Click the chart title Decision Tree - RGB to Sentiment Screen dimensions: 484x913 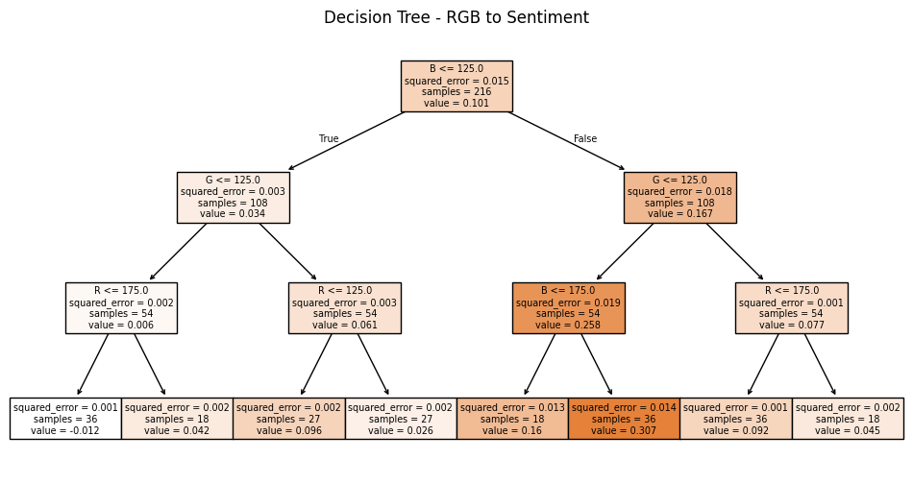(x=456, y=17)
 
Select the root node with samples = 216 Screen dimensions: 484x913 (x=456, y=86)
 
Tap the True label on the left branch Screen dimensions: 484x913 (x=329, y=139)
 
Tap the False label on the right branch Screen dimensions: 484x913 (x=585, y=139)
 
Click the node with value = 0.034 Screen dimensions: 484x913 (x=233, y=197)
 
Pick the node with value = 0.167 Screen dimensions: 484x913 (x=679, y=197)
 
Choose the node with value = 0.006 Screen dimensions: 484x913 (x=121, y=307)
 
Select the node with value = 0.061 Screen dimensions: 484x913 (x=344, y=307)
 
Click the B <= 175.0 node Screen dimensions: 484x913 (x=568, y=307)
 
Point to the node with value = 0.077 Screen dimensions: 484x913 (x=791, y=307)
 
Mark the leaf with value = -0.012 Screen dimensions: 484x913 (x=65, y=419)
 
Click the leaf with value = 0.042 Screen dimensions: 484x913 (x=177, y=419)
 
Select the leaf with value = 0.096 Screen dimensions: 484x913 (x=288, y=419)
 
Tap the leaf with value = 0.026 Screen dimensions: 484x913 (x=401, y=419)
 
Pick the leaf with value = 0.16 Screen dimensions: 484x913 (x=512, y=419)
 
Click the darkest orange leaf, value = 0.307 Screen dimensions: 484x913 (x=624, y=419)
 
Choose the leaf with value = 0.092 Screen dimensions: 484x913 (x=735, y=419)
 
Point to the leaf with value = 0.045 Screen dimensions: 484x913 (x=848, y=419)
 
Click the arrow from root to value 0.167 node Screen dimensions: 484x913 (x=567, y=141)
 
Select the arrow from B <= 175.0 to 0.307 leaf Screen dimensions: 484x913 (x=596, y=364)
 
